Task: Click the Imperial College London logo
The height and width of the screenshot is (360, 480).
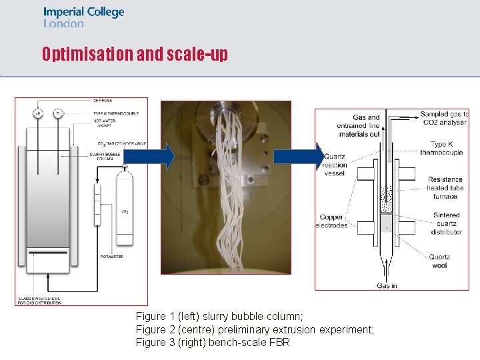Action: point(83,17)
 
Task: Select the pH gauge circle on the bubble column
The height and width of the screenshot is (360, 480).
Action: point(38,113)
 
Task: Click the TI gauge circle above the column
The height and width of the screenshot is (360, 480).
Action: point(57,113)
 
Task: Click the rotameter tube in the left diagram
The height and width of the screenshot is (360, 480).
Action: point(97,207)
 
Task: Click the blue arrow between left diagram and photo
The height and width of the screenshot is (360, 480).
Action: point(149,157)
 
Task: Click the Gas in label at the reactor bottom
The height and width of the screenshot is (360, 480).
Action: point(387,285)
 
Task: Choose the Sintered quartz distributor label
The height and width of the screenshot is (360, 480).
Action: point(446,223)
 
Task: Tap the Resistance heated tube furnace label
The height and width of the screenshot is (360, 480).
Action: point(445,188)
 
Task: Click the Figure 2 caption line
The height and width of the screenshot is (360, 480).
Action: point(255,329)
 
